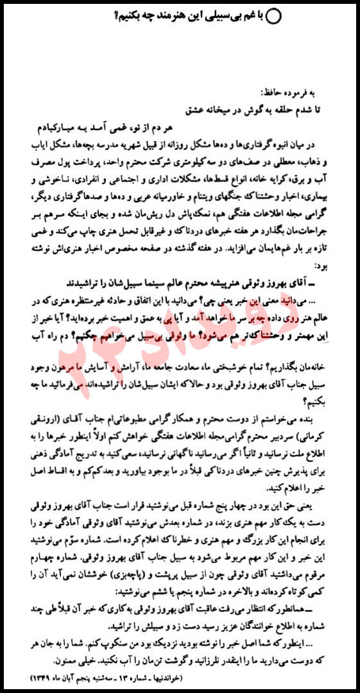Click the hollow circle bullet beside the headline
pyautogui.click(x=273, y=17)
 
